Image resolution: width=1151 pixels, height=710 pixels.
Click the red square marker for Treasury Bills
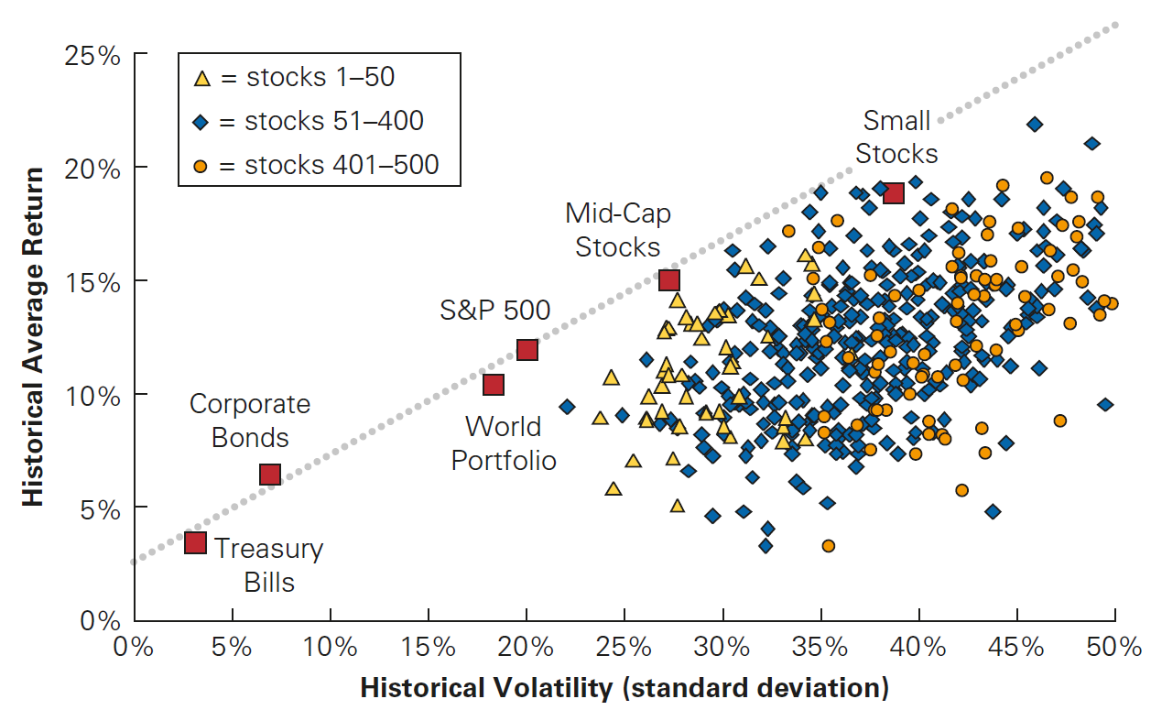[195, 542]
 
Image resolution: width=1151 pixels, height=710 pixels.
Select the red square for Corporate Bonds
[269, 474]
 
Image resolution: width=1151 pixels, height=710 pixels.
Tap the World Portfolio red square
[494, 384]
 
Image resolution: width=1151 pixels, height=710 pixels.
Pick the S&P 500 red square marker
[527, 350]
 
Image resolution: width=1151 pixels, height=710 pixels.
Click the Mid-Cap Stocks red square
[669, 279]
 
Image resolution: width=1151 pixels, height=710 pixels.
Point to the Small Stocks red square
[894, 192]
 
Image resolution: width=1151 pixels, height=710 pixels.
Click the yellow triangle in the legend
[203, 78]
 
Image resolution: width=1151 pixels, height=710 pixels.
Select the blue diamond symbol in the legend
[203, 122]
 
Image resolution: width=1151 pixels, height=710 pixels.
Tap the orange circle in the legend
[203, 166]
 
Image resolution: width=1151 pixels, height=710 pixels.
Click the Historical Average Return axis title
[34, 337]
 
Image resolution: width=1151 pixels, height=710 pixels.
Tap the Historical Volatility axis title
[624, 688]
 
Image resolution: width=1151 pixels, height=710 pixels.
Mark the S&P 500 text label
[495, 311]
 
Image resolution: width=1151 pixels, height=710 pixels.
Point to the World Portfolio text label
[504, 443]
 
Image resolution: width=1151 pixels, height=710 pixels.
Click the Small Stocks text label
[897, 137]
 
